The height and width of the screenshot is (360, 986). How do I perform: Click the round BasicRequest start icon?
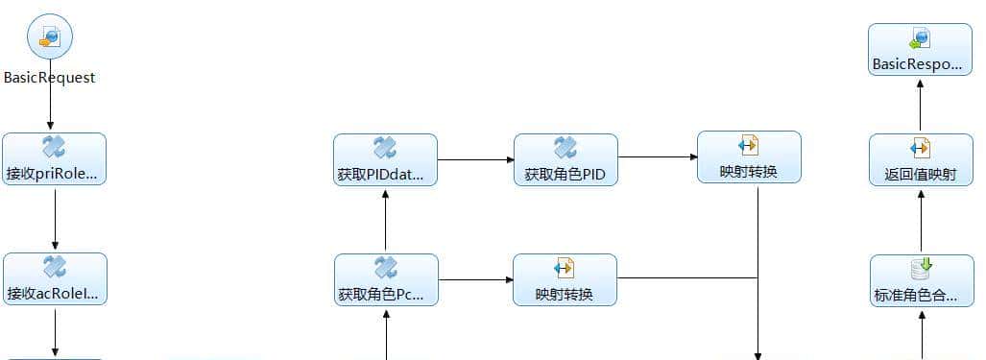coord(50,37)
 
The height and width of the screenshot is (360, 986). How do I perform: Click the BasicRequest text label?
coord(50,78)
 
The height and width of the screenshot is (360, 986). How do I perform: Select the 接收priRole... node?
coord(54,159)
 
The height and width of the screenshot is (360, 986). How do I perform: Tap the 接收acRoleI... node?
coord(55,279)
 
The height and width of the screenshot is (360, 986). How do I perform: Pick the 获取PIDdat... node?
coord(385,159)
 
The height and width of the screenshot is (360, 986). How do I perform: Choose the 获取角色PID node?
coord(565,159)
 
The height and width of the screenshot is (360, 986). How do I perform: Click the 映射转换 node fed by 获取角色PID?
coord(749,157)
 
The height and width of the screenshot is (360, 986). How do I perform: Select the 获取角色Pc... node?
coord(386,279)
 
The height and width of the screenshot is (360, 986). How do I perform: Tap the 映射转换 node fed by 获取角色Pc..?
coord(565,279)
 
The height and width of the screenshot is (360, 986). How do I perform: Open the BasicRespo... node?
coord(920,50)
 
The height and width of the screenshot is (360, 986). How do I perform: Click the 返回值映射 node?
coord(920,159)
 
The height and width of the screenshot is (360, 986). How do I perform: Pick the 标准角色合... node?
coord(920,280)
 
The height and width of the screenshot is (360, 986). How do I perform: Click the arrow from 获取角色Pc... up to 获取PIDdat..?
coord(385,220)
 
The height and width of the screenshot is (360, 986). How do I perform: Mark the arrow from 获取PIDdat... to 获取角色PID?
coord(475,159)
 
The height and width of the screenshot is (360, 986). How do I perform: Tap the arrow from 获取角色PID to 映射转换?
coord(657,156)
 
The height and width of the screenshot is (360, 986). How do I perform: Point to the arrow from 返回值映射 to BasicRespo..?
coord(920,105)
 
